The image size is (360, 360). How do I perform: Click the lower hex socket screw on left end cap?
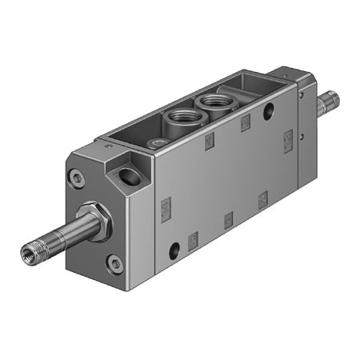coord(117,263)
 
